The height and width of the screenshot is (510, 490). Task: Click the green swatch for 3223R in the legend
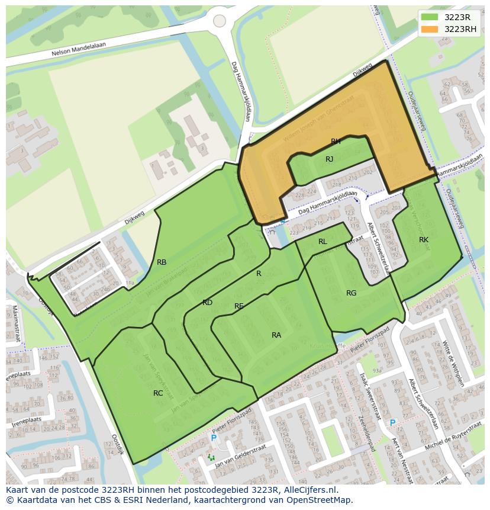tap(430, 17)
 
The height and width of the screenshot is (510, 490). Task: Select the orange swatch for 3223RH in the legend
tap(430, 29)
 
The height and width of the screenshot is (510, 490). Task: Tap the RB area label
tap(162, 262)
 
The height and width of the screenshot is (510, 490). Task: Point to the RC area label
tap(158, 393)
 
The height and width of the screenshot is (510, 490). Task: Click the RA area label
tap(276, 335)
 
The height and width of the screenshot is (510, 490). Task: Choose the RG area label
tap(352, 293)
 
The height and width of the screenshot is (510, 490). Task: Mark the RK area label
tap(424, 240)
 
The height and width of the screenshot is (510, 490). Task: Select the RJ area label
tap(330, 159)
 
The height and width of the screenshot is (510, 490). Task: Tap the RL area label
tap(323, 242)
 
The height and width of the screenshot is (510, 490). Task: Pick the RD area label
tap(207, 303)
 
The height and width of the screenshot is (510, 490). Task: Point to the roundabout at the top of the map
tap(220, 21)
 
